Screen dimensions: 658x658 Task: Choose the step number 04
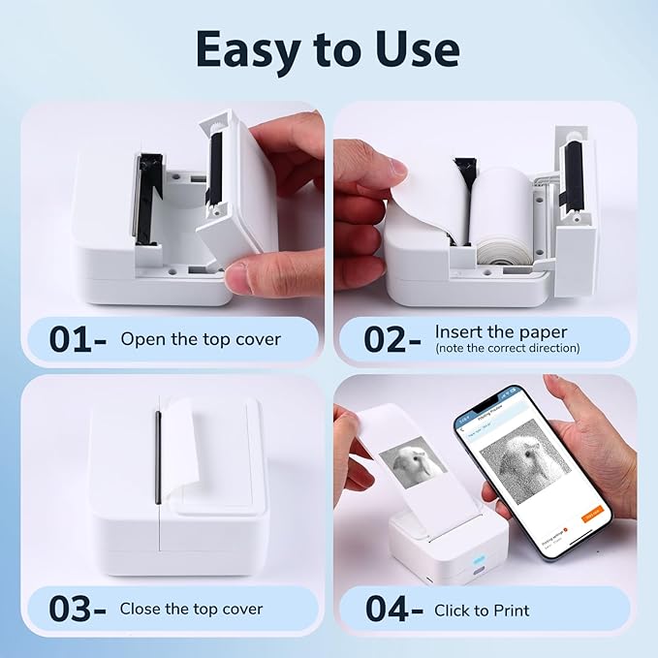388,611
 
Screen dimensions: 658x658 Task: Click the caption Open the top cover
201,339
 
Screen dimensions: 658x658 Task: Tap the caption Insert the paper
500,331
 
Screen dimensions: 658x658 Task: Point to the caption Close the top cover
191,610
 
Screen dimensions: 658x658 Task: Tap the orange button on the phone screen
590,517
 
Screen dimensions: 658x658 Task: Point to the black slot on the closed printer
157,456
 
